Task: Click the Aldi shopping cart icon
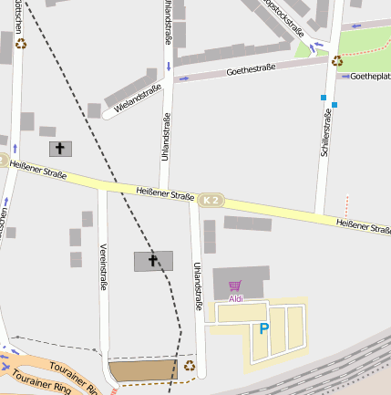click(235, 286)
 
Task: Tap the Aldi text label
click(235, 298)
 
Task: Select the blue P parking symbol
click(264, 328)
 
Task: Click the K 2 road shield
click(211, 200)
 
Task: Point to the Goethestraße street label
click(251, 69)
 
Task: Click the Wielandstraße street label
click(138, 99)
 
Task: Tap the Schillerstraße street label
click(325, 133)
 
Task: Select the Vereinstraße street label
click(104, 267)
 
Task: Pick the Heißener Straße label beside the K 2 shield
click(164, 193)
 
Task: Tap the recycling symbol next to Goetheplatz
click(337, 61)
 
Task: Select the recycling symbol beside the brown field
click(189, 366)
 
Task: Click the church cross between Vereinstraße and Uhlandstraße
click(152, 261)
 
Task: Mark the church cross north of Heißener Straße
click(60, 148)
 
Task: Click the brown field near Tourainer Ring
click(143, 370)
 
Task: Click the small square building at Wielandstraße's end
click(94, 110)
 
